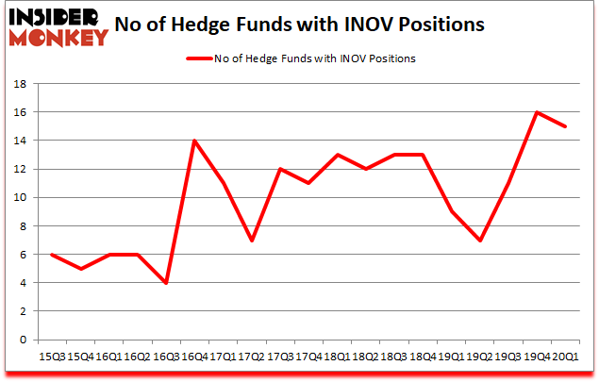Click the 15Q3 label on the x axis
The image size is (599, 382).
pyautogui.click(x=51, y=356)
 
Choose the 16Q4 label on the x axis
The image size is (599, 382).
pyautogui.click(x=194, y=356)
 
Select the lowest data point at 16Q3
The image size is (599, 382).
pyautogui.click(x=166, y=283)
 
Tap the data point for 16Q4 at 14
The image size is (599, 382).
pyautogui.click(x=195, y=141)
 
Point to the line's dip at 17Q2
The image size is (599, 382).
pyautogui.click(x=253, y=241)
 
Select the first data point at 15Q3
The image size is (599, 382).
pyautogui.click(x=51, y=255)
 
